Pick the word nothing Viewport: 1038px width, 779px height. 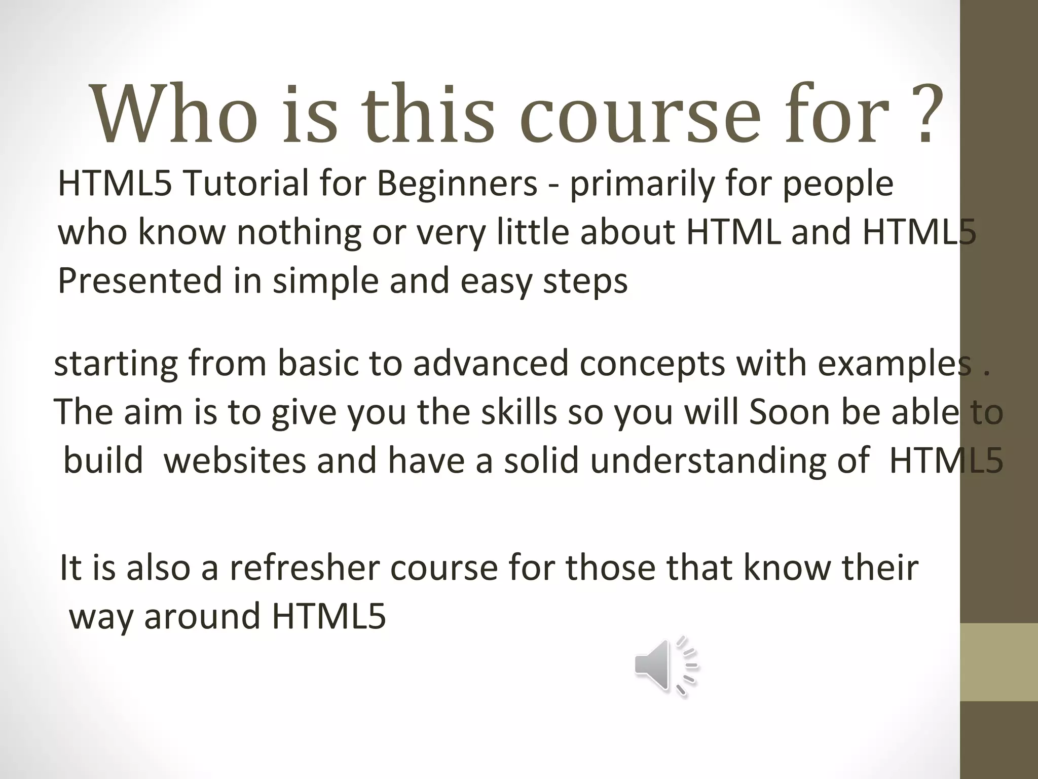point(299,232)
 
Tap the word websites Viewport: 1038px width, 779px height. point(235,461)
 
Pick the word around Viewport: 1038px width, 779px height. point(202,616)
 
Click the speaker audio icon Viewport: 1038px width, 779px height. point(665,665)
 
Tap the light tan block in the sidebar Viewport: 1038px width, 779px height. point(998,661)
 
